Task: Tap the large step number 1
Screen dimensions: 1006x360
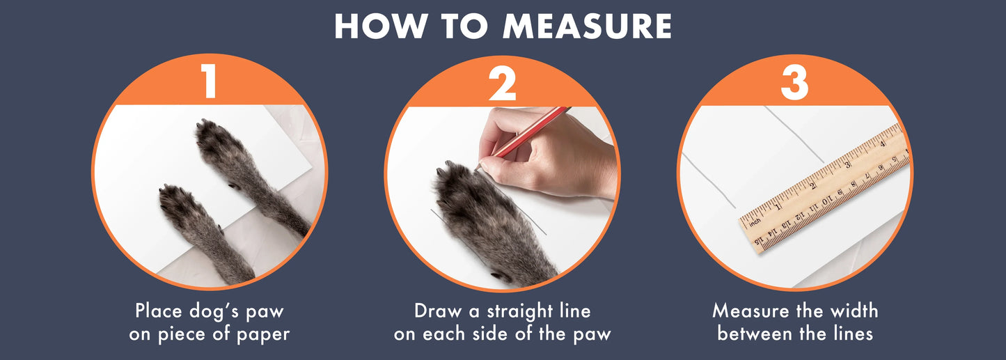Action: coord(210,81)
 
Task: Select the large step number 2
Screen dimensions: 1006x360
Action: coord(502,83)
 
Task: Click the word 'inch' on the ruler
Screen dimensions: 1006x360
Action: coord(755,222)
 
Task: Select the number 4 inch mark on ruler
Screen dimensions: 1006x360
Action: coord(882,144)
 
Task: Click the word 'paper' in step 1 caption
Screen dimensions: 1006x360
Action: coord(263,334)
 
